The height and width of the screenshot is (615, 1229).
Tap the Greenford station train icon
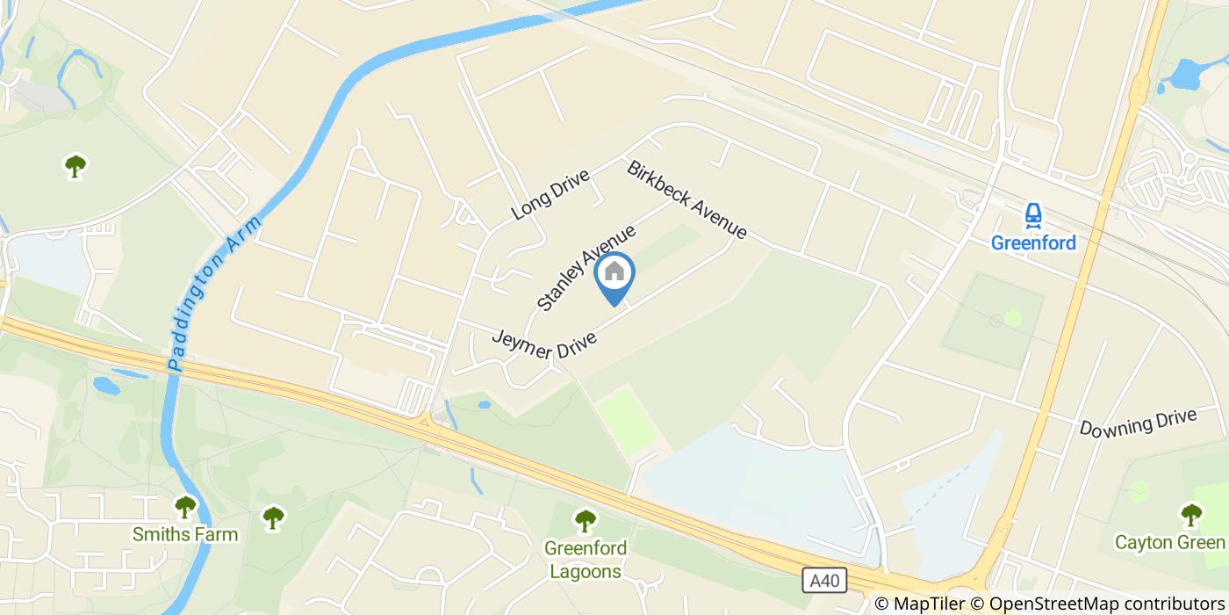[1033, 216]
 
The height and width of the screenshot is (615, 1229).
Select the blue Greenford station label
[1033, 242]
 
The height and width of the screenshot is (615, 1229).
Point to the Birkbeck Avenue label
[686, 199]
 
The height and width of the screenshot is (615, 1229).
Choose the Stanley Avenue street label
[586, 268]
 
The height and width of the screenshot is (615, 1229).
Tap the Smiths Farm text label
[184, 533]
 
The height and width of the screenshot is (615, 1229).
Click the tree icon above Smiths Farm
[184, 507]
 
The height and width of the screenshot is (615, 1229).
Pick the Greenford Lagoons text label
[586, 560]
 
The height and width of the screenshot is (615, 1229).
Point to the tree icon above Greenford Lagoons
[585, 521]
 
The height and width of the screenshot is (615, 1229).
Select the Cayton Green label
[1169, 542]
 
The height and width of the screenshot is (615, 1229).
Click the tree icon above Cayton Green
[1191, 514]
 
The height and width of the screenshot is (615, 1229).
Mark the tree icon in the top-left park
[75, 165]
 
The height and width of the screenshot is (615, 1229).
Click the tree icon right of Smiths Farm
[274, 517]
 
